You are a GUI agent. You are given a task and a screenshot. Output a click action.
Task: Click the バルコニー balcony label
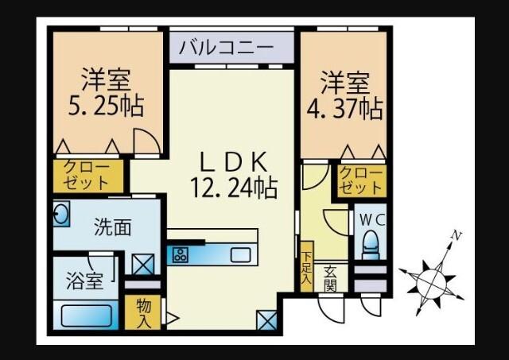pyautogui.click(x=226, y=47)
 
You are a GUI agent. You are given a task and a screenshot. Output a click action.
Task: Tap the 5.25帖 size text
pyautogui.click(x=103, y=106)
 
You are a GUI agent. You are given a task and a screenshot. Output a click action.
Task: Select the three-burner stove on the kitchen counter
pyautogui.click(x=181, y=255)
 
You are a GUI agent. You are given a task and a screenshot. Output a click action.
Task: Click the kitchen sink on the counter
pyautogui.click(x=241, y=255)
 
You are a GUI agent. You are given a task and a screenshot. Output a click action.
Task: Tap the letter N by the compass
pyautogui.click(x=456, y=235)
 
